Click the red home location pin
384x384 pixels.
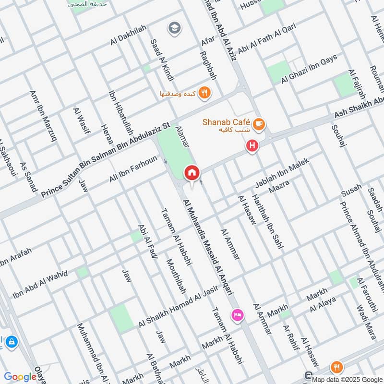tap(192, 172)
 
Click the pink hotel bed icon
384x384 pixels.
tap(238, 315)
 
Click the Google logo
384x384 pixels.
tap(20, 377)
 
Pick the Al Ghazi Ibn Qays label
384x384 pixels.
tap(309, 69)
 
